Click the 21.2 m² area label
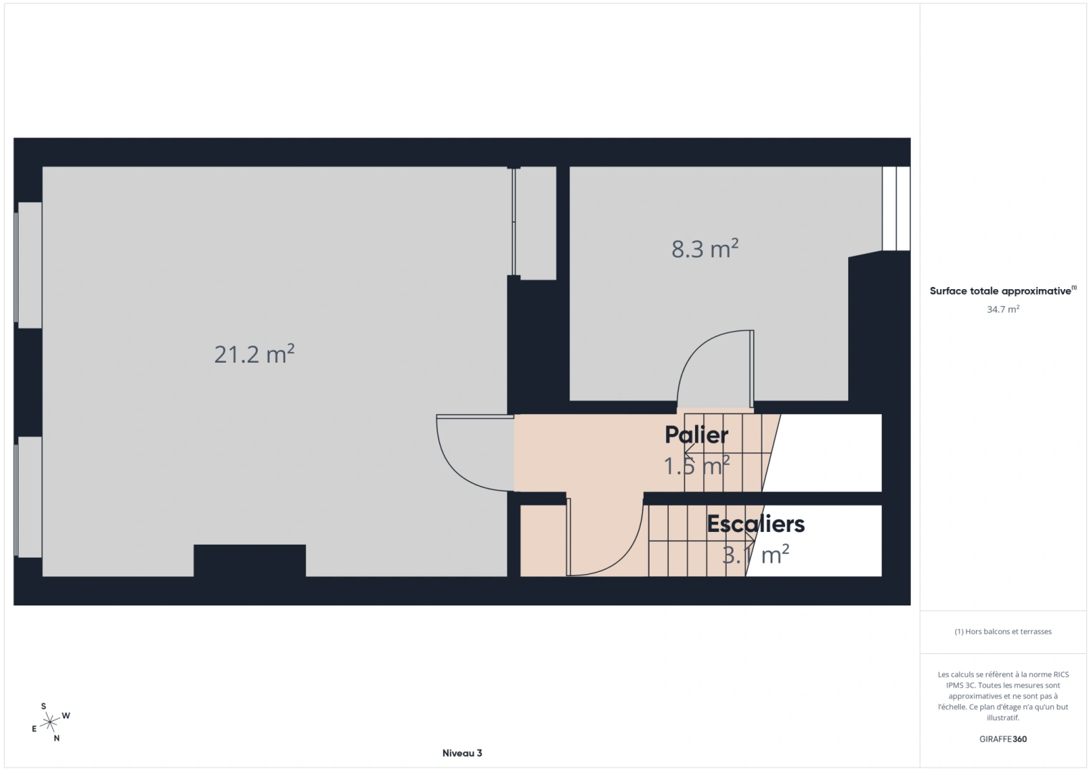tap(254, 354)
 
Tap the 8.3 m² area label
tap(704, 248)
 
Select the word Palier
tap(697, 435)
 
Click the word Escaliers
tap(755, 524)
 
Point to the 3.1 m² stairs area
tap(755, 555)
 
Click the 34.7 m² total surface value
tap(1003, 309)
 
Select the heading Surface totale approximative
tap(1003, 291)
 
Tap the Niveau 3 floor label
tap(462, 753)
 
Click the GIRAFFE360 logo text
tap(1003, 739)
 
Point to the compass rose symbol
tap(50, 722)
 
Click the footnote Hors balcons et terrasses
tap(1003, 631)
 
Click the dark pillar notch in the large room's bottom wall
tap(250, 560)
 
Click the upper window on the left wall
tap(29, 265)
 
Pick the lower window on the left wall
tap(29, 497)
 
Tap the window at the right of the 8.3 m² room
tap(896, 208)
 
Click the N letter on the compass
tap(56, 738)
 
